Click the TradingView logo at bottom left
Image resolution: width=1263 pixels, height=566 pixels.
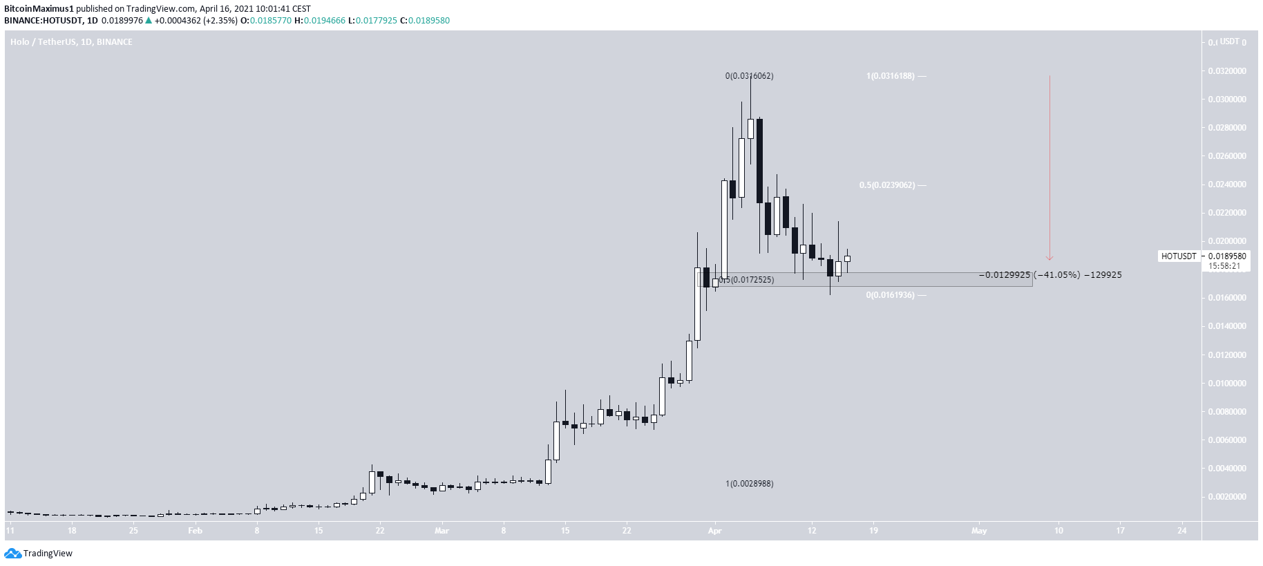39,553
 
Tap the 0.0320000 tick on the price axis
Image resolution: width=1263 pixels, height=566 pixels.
1227,71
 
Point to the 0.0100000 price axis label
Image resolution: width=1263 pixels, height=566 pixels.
1227,384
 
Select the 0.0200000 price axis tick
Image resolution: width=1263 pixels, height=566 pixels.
1227,241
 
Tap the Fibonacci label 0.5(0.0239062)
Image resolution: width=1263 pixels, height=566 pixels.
887,185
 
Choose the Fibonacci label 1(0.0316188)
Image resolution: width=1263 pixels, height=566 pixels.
891,76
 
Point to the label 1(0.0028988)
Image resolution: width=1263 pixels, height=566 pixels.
749,484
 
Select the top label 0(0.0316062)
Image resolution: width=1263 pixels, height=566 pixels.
749,76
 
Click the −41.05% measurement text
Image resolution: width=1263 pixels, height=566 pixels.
1056,275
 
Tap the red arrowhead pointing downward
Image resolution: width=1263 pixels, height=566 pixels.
1050,258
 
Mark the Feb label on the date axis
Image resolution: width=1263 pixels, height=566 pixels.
196,531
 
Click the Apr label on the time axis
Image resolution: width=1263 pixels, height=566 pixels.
715,531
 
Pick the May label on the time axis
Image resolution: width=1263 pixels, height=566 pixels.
979,531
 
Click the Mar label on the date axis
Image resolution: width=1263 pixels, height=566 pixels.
442,531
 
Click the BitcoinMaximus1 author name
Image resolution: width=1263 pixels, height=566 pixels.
39,9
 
